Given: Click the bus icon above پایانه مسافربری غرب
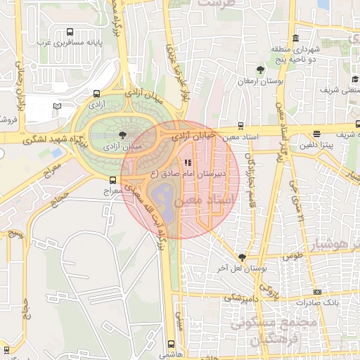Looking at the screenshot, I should tap(70, 32).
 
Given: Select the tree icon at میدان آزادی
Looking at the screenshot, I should tap(123, 134).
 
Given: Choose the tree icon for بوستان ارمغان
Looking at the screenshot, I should tap(261, 70).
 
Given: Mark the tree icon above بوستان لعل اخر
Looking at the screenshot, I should tap(242, 257).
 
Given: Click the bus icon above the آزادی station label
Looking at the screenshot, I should tap(96, 94).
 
